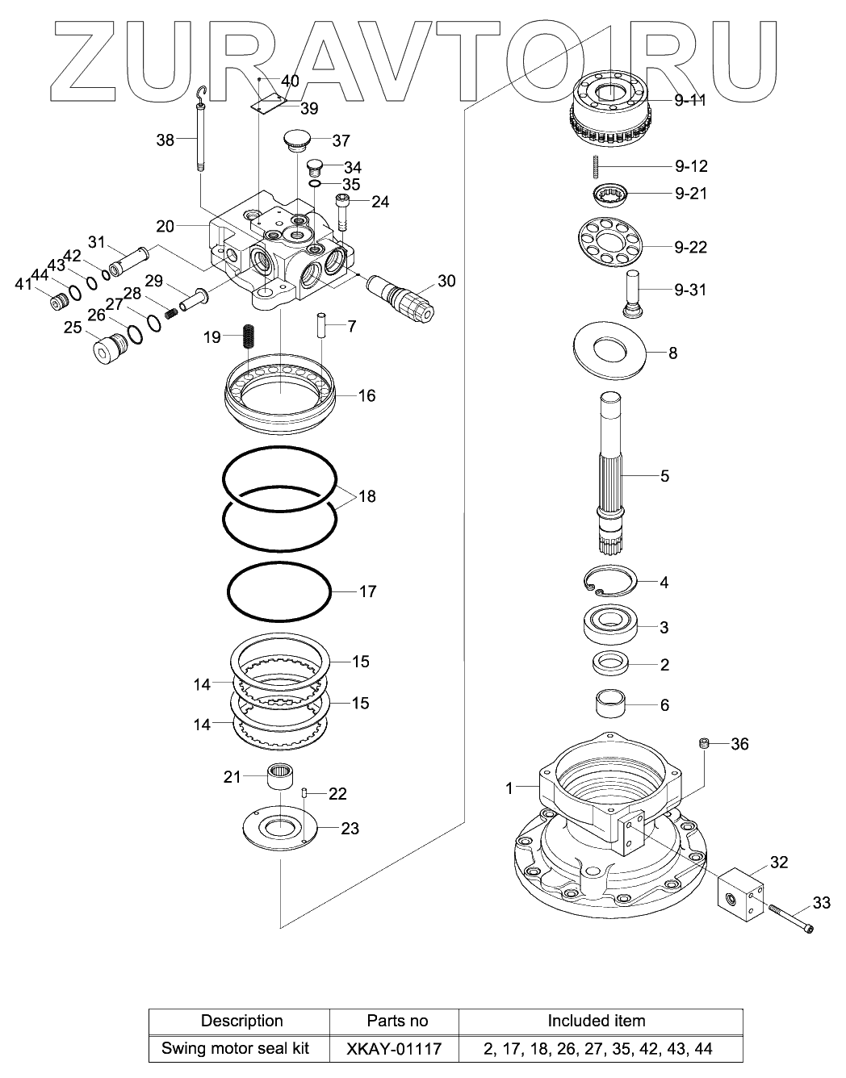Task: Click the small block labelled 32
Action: tap(739, 898)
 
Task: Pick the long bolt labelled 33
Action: tap(791, 917)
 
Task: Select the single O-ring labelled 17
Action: tap(279, 591)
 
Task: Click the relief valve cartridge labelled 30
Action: tap(400, 298)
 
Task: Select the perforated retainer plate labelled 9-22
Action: tap(610, 241)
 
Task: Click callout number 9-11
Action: tap(690, 100)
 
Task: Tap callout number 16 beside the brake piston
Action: tap(366, 395)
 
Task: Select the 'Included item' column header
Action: tap(597, 1021)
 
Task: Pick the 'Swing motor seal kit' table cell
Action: tap(235, 1048)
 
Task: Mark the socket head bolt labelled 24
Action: tap(342, 212)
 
